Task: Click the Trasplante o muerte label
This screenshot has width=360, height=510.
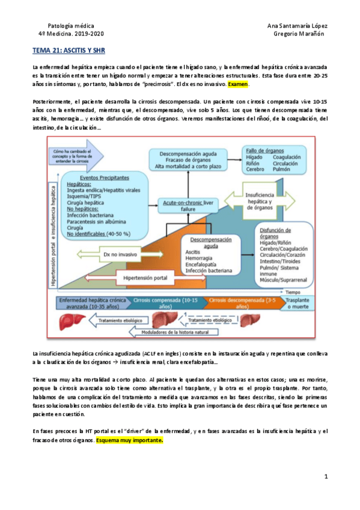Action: [x=297, y=303]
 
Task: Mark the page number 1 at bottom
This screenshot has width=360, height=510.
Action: [x=325, y=477]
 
